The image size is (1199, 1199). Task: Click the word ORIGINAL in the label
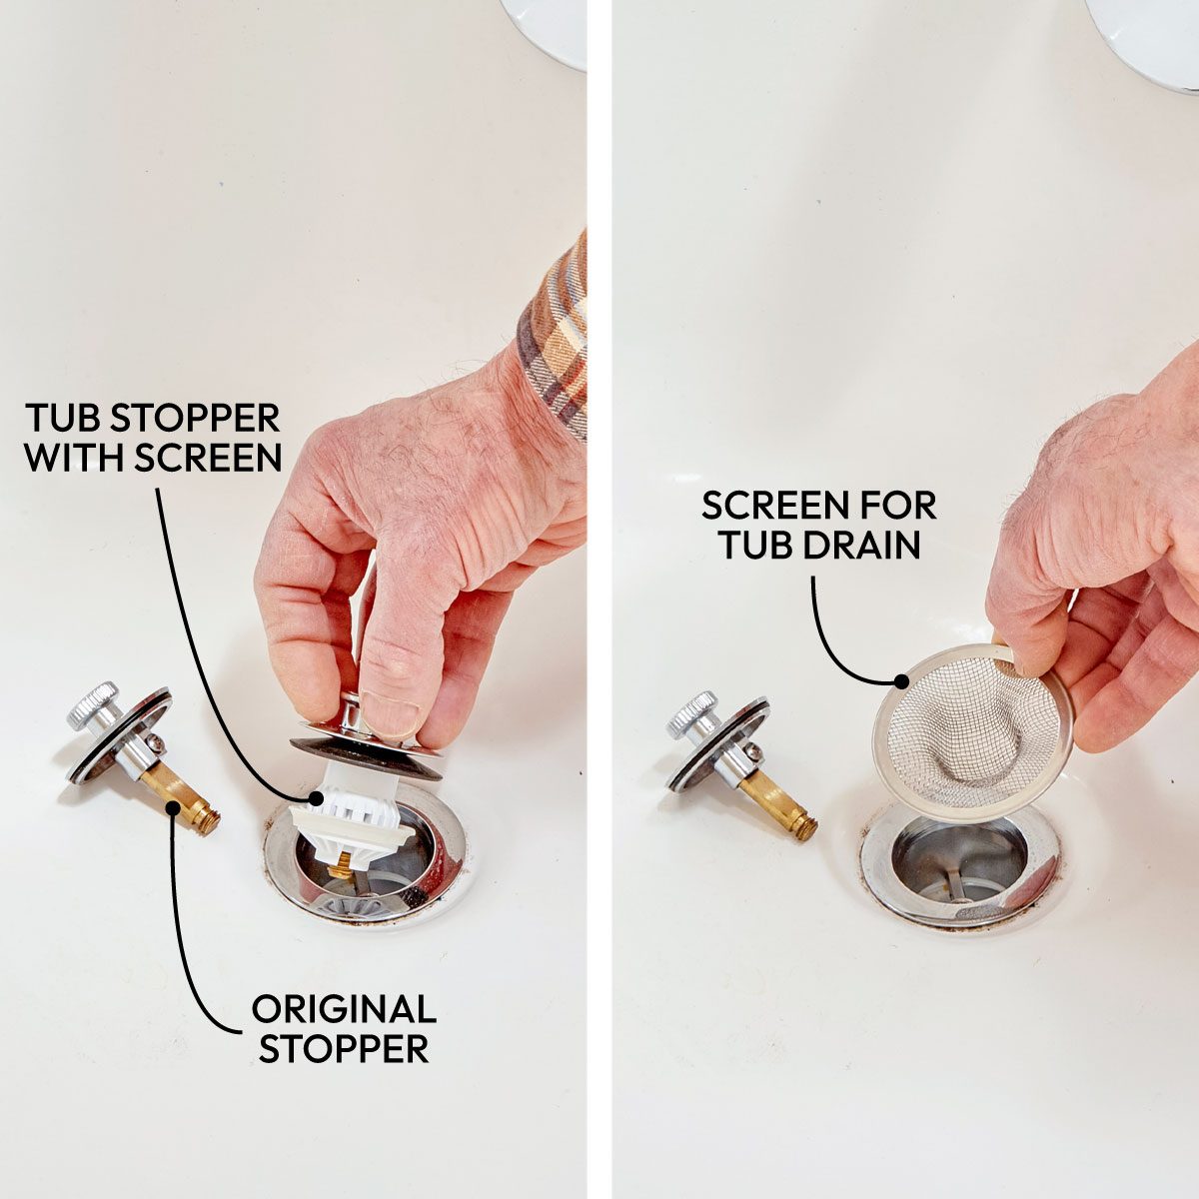click(x=343, y=1008)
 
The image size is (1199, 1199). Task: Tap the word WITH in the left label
click(x=77, y=458)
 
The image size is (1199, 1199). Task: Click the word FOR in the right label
click(x=890, y=506)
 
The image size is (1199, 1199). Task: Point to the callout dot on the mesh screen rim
click(x=902, y=681)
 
